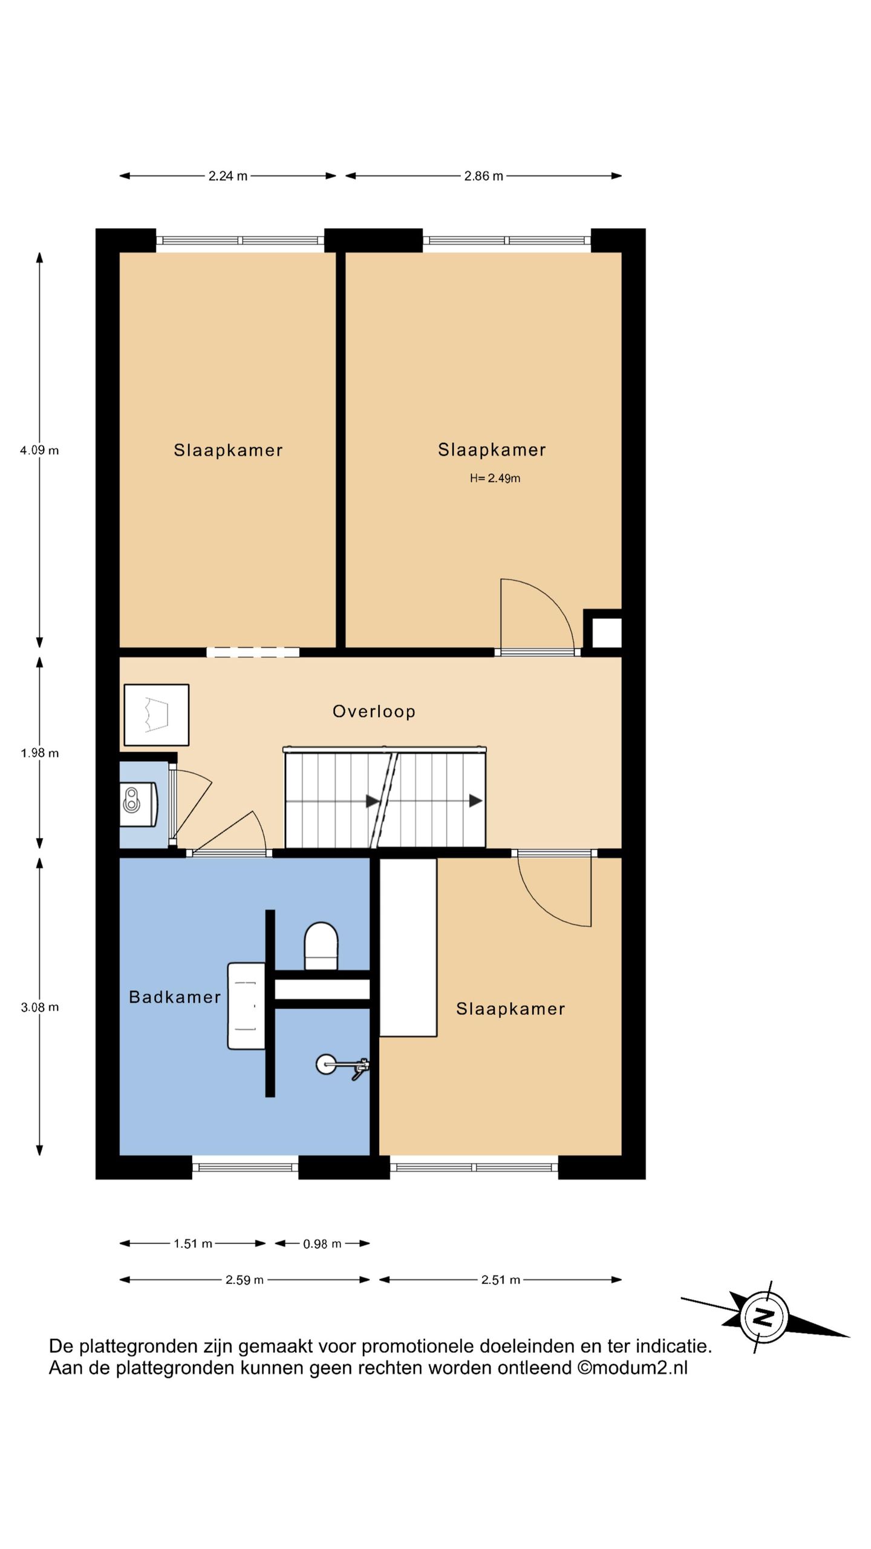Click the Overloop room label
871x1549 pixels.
(374, 711)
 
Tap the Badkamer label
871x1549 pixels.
(175, 997)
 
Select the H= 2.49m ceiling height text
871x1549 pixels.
(495, 478)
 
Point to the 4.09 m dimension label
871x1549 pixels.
(39, 450)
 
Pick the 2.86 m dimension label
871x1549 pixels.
(483, 176)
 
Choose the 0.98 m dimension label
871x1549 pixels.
(322, 1244)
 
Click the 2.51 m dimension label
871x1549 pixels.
(501, 1280)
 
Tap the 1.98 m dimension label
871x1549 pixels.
(39, 753)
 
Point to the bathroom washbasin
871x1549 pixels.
(246, 1006)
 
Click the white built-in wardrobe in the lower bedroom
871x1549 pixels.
(408, 947)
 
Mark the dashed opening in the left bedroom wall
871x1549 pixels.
(253, 652)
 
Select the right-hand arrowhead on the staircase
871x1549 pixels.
(476, 801)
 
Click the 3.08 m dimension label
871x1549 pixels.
(39, 1007)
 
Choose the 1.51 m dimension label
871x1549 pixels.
(193, 1244)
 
